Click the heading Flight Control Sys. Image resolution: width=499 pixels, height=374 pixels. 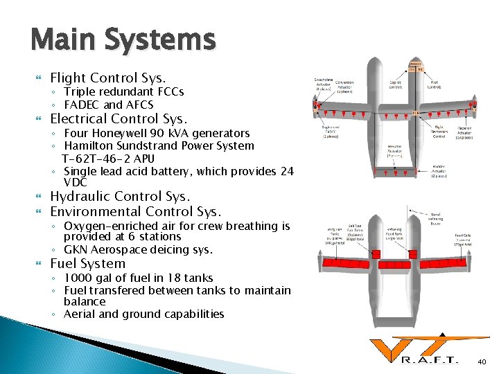pos(108,78)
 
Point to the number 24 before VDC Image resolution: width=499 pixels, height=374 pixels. pos(286,171)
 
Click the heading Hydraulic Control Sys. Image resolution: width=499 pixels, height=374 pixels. pos(120,196)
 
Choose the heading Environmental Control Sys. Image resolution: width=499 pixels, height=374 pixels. pos(136,211)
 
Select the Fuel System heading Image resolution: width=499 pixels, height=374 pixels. pos(88,263)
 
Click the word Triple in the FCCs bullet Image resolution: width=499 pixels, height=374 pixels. pos(79,91)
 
